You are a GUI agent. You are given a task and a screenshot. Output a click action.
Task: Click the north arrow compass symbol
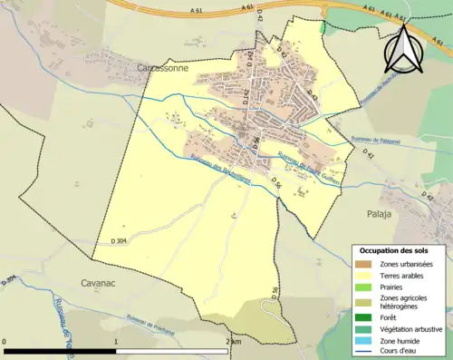tap(403, 50)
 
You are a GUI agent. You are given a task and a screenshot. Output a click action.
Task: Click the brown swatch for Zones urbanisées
tap(361, 263)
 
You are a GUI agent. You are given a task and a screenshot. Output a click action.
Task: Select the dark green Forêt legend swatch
tap(361, 317)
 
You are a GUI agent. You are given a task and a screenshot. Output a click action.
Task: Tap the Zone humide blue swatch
tap(361, 339)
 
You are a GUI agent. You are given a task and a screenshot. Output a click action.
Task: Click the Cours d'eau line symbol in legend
tap(361, 350)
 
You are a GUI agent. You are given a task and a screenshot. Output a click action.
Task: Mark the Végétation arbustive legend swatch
tap(361, 328)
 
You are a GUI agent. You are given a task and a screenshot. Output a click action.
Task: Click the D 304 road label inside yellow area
tap(119, 240)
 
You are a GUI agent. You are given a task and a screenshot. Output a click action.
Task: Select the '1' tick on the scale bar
tap(116, 342)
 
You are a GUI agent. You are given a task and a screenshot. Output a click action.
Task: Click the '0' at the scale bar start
tap(5, 342)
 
